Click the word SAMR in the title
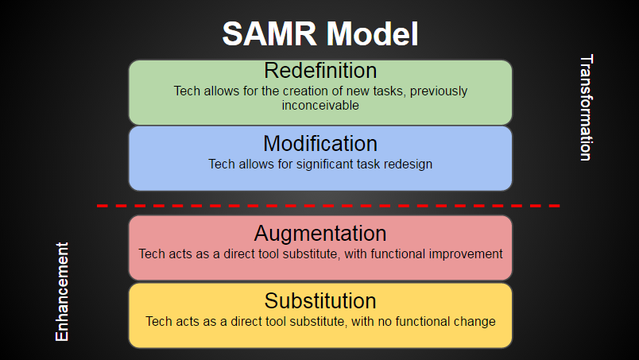click(269, 33)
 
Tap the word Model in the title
click(373, 33)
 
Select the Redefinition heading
click(320, 70)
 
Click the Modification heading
click(320, 144)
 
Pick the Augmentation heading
click(320, 234)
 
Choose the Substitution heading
click(320, 301)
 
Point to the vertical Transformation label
click(587, 107)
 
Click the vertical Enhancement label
click(62, 292)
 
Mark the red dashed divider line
click(328, 206)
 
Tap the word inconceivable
click(320, 105)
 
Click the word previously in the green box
click(439, 91)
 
